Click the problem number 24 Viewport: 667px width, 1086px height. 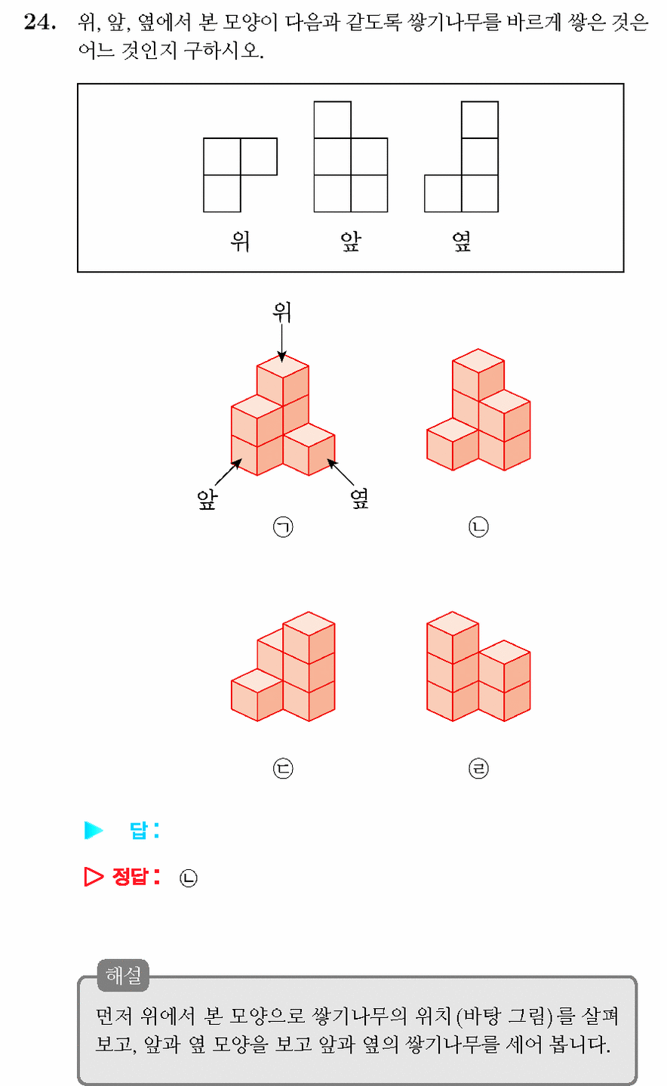click(40, 23)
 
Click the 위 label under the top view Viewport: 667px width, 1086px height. click(240, 241)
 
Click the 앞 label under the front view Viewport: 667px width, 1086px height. click(351, 241)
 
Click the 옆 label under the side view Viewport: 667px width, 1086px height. click(462, 241)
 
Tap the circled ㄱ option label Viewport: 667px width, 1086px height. click(283, 527)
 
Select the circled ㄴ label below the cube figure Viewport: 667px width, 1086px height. click(478, 527)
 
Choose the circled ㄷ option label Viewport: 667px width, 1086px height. click(283, 769)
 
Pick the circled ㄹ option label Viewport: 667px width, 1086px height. click(478, 769)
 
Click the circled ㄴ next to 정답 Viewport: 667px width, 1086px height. click(189, 878)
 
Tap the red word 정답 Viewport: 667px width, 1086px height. click(131, 877)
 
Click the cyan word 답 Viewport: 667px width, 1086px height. click(139, 831)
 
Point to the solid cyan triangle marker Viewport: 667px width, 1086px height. click(94, 830)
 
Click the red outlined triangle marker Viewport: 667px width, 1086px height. click(94, 877)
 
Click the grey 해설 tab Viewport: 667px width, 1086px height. click(123, 975)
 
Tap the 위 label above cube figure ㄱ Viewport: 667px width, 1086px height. click(282, 312)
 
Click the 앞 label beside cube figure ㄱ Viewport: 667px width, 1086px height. click(207, 499)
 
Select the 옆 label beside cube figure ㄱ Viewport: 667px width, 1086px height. click(359, 499)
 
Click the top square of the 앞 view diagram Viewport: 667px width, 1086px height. click(332, 120)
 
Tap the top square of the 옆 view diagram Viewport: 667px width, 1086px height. click(480, 120)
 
